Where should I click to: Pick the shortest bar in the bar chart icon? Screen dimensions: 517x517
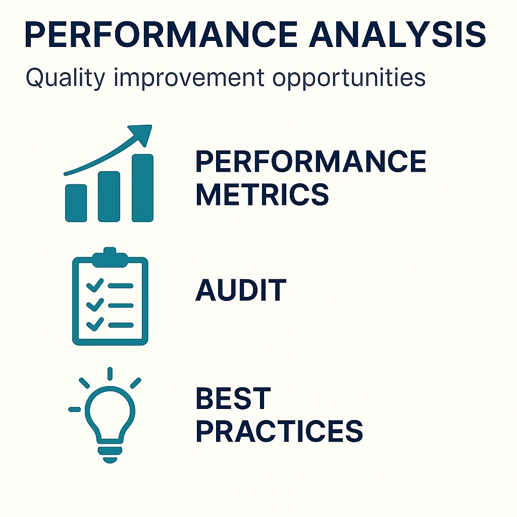point(76,202)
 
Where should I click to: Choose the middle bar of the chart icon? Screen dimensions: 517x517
point(109,196)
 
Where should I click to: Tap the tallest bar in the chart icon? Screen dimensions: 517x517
point(142,187)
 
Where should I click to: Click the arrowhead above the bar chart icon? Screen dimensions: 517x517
point(143,132)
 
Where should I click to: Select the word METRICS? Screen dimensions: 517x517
point(262,194)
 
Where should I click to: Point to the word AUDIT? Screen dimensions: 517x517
point(240,290)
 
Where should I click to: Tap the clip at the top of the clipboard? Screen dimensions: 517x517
point(109,255)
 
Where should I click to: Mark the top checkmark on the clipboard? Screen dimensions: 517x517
point(94,286)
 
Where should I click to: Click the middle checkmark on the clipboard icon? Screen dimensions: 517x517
point(94,305)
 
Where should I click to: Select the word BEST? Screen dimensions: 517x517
point(233,399)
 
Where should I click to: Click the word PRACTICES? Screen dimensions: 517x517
point(279,430)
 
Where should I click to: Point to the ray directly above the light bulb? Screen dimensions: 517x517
point(110,374)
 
